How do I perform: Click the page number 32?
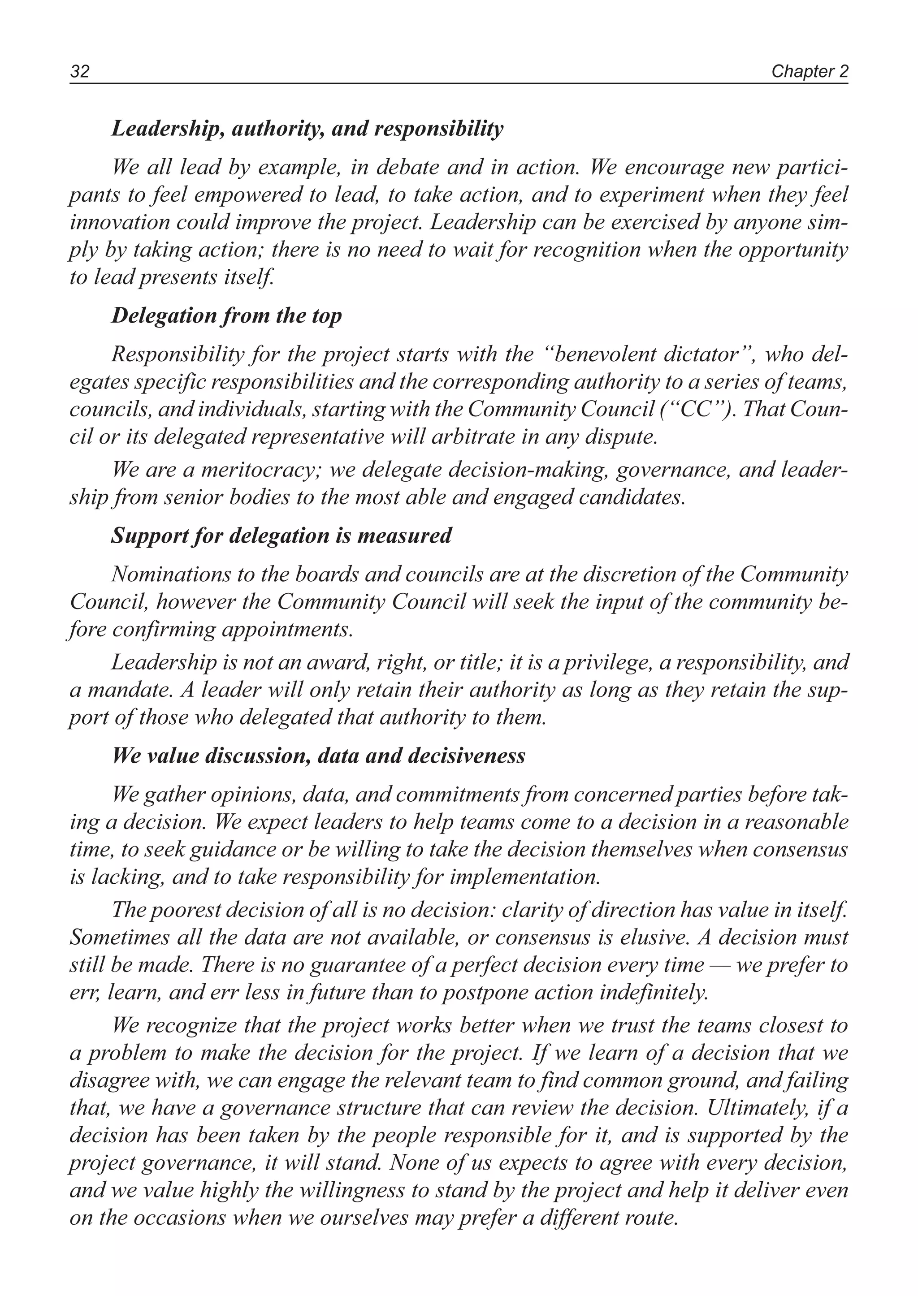[80, 72]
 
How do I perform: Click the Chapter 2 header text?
[810, 72]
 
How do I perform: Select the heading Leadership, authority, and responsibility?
[307, 129]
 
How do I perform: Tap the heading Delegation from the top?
[226, 315]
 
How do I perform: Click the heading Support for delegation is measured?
[281, 535]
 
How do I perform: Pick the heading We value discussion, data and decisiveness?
[319, 756]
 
